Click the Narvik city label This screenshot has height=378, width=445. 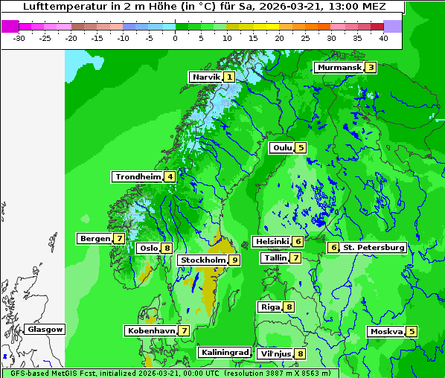coord(206,77)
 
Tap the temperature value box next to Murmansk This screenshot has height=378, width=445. coord(371,68)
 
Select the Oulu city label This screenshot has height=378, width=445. coord(282,147)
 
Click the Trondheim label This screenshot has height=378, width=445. coord(138,176)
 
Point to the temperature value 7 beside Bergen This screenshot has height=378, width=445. coord(119,239)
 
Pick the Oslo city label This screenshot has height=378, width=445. coord(148,249)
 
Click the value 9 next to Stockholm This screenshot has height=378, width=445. coord(234,260)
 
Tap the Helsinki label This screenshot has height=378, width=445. coord(272,241)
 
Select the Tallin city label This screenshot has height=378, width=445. coord(275,257)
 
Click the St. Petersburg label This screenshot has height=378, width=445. coord(373,247)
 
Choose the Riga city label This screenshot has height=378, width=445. coord(269,307)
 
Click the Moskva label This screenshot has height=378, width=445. coord(386,331)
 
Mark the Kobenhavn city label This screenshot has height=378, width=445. coord(150,330)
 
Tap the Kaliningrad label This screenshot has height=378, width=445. coord(224,352)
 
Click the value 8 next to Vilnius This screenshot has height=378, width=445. coord(300,353)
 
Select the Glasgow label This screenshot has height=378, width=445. coord(45,329)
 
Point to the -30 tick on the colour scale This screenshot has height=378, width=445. coord(19,37)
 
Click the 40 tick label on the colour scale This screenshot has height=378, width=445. coord(382,37)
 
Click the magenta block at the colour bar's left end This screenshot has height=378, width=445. coord(10,25)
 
